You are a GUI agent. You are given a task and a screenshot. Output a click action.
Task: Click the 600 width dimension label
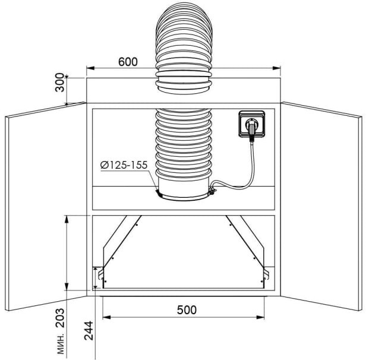(x=128, y=62)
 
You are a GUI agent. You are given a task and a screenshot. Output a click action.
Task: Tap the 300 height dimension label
(x=59, y=83)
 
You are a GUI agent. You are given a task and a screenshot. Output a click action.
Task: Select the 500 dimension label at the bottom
(x=187, y=310)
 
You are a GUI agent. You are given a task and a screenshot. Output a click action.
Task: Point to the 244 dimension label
(x=89, y=330)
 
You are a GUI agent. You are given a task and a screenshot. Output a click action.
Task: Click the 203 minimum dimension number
(x=59, y=318)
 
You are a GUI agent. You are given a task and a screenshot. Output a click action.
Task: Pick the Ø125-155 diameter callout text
(x=124, y=165)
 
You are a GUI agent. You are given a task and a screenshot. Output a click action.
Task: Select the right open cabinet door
(x=321, y=206)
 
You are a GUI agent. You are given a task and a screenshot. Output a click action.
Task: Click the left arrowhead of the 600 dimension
(x=90, y=68)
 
